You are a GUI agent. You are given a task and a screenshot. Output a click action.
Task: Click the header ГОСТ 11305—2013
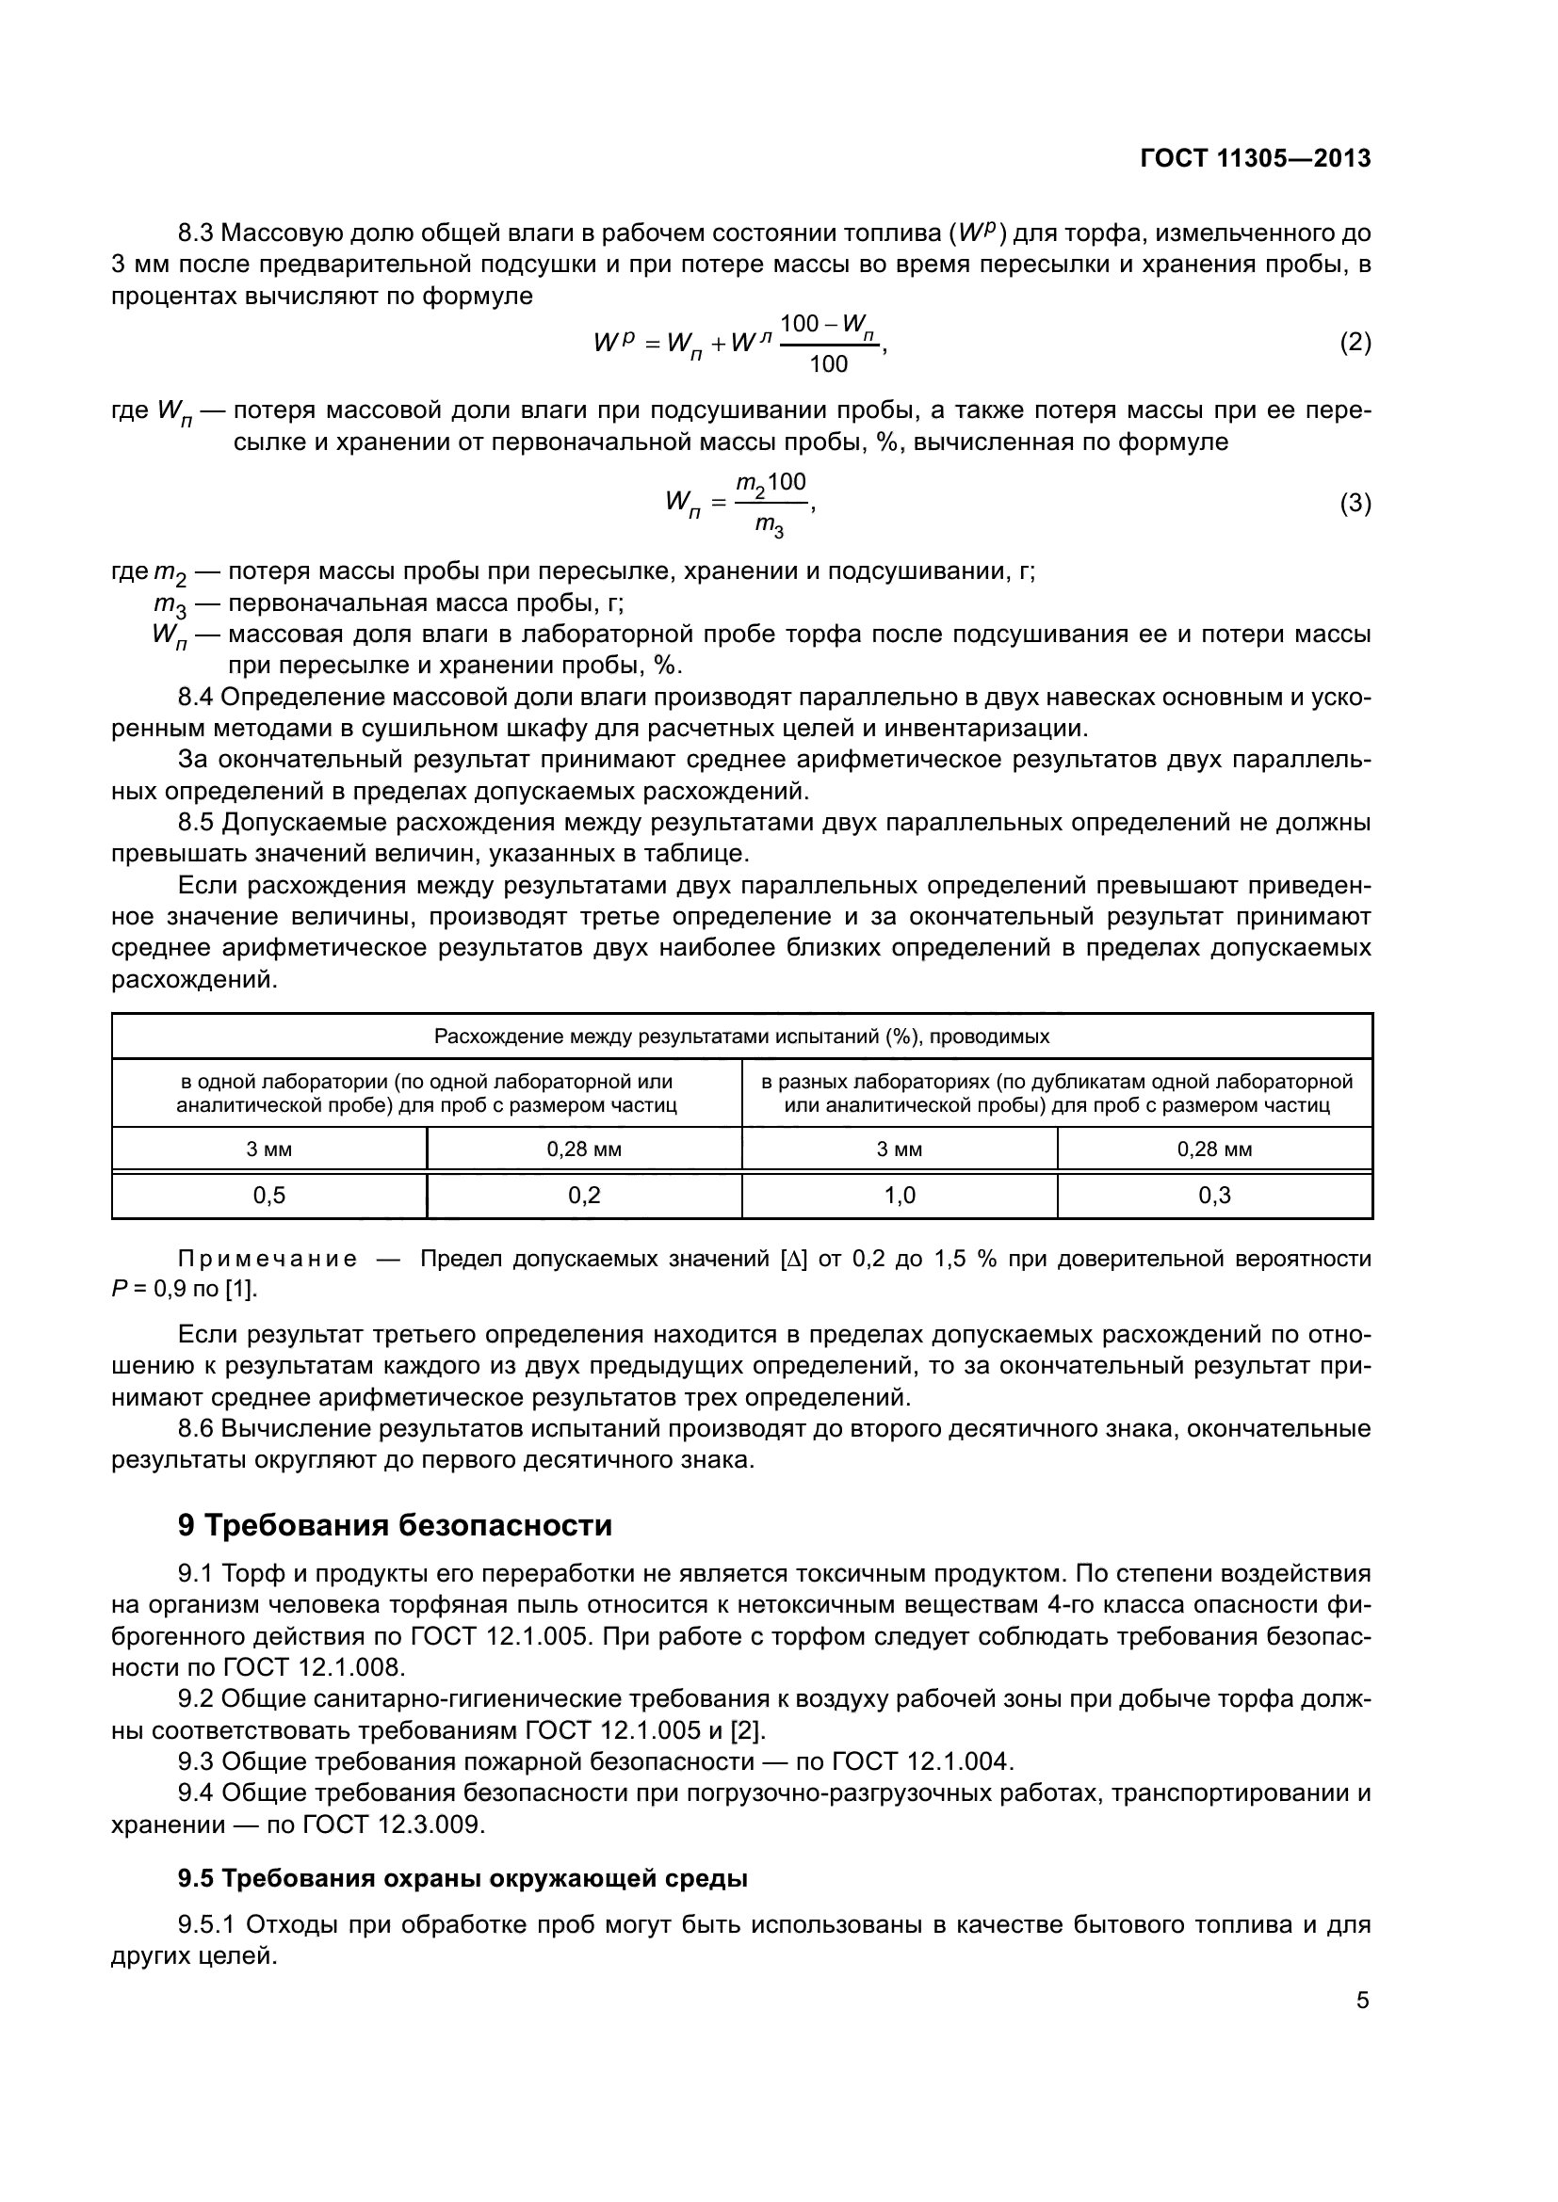coord(1255,159)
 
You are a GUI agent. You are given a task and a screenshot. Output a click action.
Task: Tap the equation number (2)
coord(1355,343)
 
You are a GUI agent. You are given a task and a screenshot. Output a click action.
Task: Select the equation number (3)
coord(1355,503)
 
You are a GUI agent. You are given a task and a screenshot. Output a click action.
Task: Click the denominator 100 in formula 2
coord(828,363)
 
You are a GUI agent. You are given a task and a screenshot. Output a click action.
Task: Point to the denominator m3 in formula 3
coord(770,525)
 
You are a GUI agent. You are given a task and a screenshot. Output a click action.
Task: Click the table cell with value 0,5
coord(268,1195)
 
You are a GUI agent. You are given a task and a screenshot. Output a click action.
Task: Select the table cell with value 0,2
coord(583,1195)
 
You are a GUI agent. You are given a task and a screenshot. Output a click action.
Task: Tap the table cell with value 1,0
coord(899,1195)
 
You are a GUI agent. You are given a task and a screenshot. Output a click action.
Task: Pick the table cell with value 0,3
coord(1213,1195)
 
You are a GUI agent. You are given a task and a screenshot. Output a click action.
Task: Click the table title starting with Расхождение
coord(741,1037)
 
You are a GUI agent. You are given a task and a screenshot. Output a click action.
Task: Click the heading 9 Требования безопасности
coord(395,1525)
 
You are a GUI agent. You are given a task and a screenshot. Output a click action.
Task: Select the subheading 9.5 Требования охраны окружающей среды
coord(463,1878)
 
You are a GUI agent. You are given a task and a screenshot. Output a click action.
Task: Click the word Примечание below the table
coord(268,1260)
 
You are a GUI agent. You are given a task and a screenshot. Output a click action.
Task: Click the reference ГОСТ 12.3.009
coord(393,1824)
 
